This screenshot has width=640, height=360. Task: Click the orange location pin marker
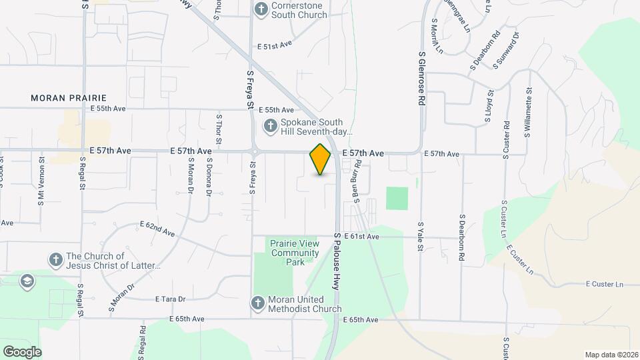click(321, 159)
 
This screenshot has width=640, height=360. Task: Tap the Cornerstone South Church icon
click(261, 9)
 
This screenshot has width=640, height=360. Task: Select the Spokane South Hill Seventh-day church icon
click(271, 125)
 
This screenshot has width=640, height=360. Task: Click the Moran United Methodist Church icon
click(258, 303)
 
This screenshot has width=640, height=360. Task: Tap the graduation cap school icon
click(28, 281)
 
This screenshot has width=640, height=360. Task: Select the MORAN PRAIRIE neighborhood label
click(69, 98)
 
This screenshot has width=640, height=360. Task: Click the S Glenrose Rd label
click(422, 79)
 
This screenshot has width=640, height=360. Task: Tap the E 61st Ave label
click(361, 237)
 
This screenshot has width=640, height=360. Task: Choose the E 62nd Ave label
click(157, 229)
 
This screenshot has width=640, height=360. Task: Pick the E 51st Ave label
click(275, 45)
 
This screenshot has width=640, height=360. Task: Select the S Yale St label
click(421, 237)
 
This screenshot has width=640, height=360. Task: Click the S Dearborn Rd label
click(461, 237)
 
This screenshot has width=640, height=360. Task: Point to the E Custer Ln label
click(604, 285)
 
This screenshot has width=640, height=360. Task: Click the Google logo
click(22, 351)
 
